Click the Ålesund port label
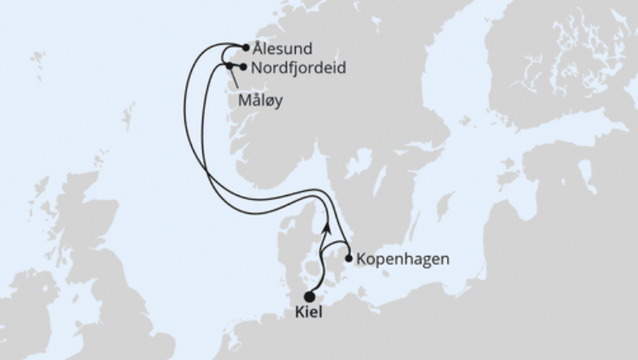tap(283, 49)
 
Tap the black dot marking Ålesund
tap(245, 48)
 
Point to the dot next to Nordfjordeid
tap(243, 67)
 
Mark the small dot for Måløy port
tap(229, 65)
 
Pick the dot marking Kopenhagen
tap(349, 259)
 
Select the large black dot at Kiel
tap(309, 297)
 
